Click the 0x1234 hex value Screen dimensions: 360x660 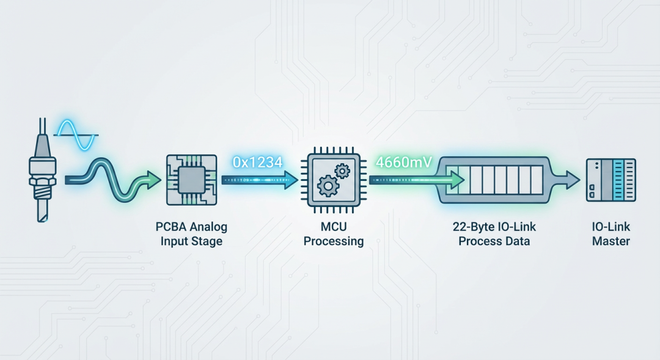point(257,163)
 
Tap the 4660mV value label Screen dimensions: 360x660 point(404,163)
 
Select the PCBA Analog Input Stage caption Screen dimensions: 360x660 point(191,234)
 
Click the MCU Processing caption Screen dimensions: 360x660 point(334,234)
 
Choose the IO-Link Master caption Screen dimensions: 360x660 point(611,234)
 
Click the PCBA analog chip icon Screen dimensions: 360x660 point(191,180)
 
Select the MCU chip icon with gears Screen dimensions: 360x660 point(334,180)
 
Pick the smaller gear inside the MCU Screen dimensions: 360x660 point(342,171)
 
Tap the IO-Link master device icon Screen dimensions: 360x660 point(610,180)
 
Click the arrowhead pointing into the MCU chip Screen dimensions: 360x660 point(292,180)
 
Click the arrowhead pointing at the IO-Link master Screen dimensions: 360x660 point(573,180)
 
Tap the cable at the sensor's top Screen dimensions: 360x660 point(42,128)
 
